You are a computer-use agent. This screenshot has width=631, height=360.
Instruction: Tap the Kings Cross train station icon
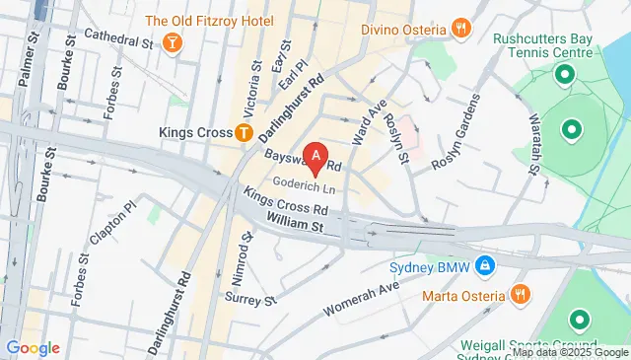click(243, 132)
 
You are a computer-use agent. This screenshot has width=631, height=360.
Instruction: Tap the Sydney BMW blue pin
click(485, 266)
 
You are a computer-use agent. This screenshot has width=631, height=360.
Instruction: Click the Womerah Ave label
click(370, 292)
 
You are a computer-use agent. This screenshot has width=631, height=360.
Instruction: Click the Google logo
click(33, 347)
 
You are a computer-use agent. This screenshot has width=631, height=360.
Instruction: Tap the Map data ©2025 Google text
click(569, 352)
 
